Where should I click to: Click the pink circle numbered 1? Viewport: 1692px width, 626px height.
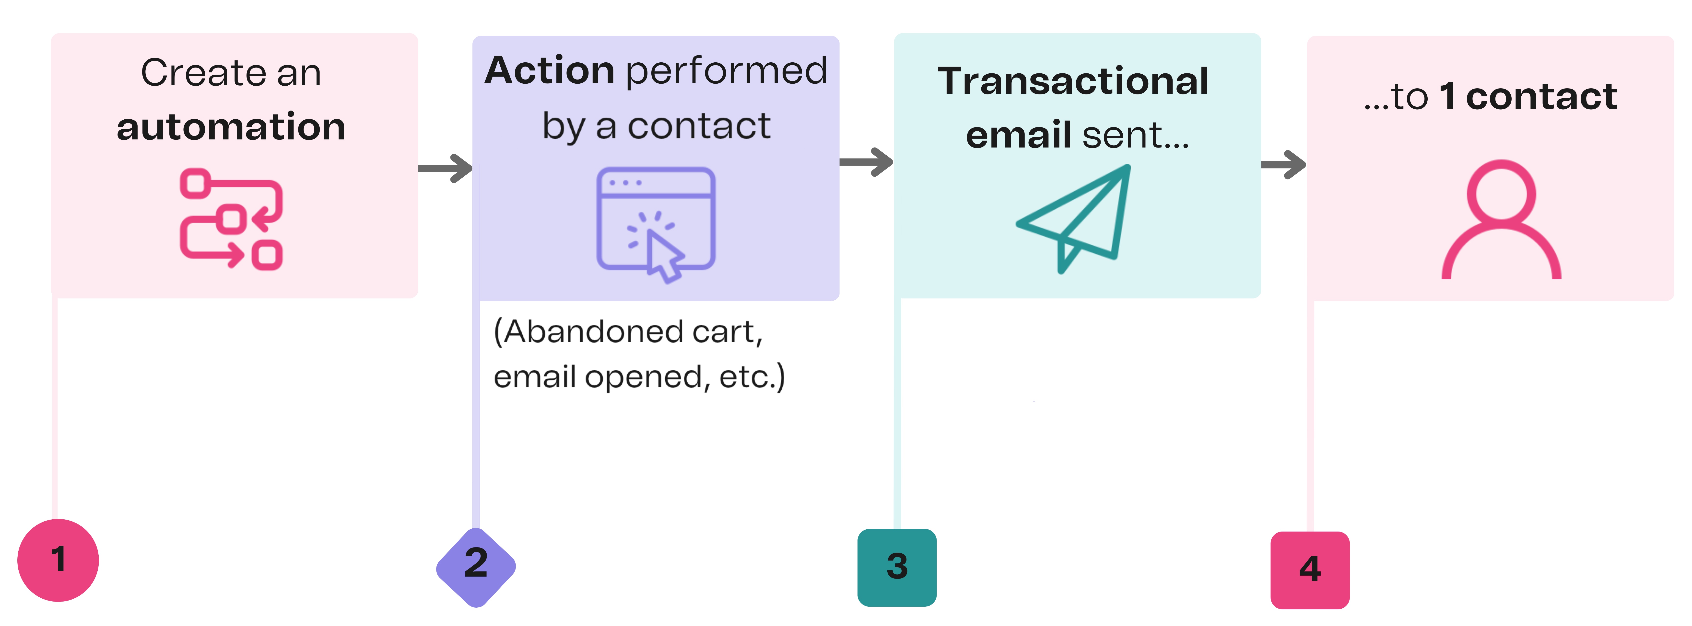58,560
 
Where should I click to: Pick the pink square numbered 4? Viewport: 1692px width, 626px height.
1310,569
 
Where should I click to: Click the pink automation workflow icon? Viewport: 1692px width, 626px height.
231,219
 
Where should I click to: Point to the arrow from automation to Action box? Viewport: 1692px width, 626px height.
445,168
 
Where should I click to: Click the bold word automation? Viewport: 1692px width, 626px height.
231,127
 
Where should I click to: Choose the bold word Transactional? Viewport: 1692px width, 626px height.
1073,81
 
